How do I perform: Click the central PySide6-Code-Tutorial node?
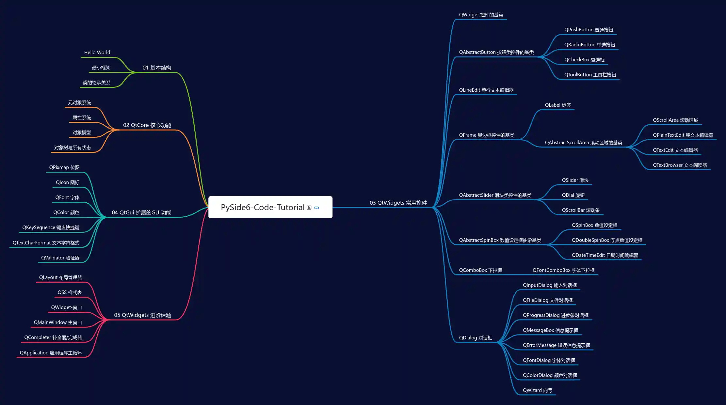[263, 207]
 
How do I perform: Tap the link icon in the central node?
[316, 208]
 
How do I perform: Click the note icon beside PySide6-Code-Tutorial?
[309, 207]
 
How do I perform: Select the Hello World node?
[97, 53]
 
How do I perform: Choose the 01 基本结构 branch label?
[157, 68]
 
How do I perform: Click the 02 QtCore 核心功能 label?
[147, 125]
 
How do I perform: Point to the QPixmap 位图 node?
[64, 167]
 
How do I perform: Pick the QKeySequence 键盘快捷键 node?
[51, 227]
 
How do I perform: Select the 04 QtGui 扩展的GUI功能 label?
[141, 212]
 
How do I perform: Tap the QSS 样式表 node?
[70, 292]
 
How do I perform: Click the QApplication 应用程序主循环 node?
[51, 353]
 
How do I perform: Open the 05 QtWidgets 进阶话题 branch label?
[142, 315]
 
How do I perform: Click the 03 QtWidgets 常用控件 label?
[398, 203]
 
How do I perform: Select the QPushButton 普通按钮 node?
[589, 30]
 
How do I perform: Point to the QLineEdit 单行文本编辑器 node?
[486, 90]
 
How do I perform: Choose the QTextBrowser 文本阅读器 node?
[680, 165]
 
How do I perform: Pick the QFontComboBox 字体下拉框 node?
[563, 270]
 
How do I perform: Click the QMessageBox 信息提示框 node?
[550, 330]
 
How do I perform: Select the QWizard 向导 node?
[537, 390]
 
